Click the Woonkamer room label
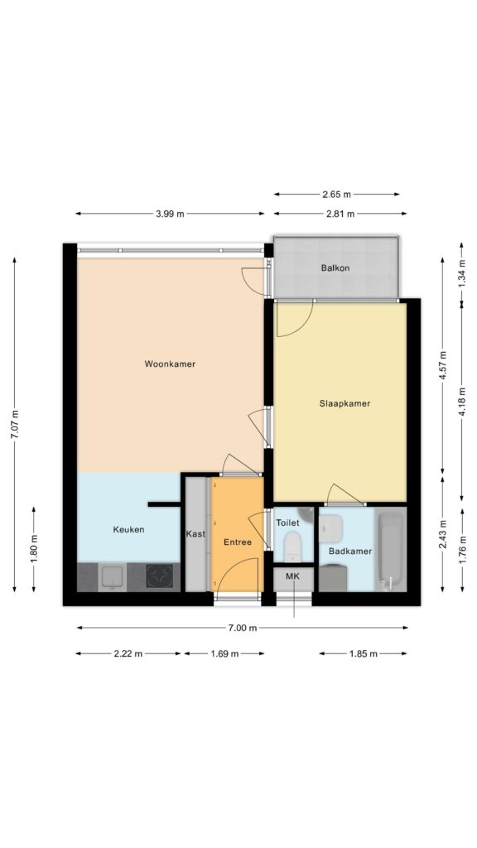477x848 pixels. (x=170, y=364)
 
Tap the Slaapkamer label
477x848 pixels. (x=344, y=403)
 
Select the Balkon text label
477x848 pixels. (x=335, y=267)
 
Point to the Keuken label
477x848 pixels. (x=128, y=529)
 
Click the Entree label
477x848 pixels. (x=238, y=542)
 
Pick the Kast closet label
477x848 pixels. (x=195, y=534)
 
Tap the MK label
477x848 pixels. (x=292, y=577)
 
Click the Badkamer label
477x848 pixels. (x=350, y=551)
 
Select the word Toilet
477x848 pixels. (x=287, y=523)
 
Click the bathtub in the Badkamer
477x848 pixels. (x=391, y=551)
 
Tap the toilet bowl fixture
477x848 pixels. (x=292, y=547)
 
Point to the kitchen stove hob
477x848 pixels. (x=160, y=576)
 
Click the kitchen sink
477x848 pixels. (x=113, y=577)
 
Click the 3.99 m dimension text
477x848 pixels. (x=170, y=214)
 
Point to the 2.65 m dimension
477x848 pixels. (x=336, y=194)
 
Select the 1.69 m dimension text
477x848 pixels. (x=224, y=654)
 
